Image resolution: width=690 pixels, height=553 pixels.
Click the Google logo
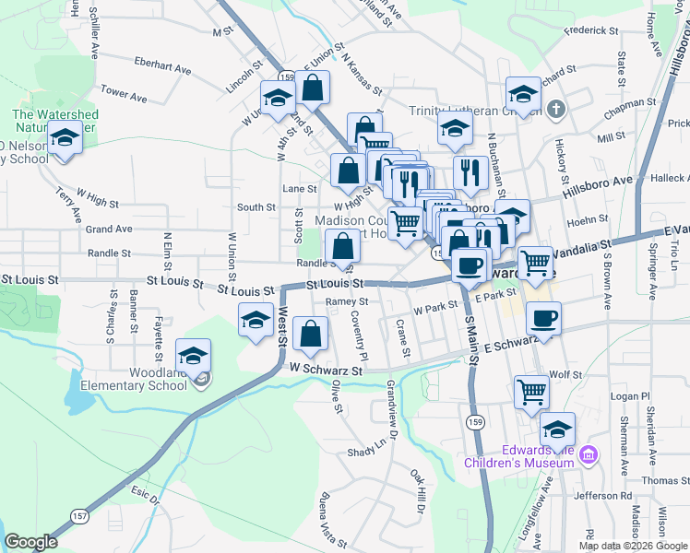click(x=31, y=542)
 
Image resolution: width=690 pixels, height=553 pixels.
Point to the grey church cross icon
click(x=554, y=111)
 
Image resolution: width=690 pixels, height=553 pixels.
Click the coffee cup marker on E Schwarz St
click(x=543, y=319)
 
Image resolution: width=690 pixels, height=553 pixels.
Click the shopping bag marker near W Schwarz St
click(x=312, y=334)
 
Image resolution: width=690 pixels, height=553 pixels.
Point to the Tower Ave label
click(x=124, y=94)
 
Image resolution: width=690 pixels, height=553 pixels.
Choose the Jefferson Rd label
click(x=601, y=496)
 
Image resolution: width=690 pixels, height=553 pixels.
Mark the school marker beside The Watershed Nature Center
click(x=64, y=138)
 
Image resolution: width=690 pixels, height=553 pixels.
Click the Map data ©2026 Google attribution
click(x=632, y=546)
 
